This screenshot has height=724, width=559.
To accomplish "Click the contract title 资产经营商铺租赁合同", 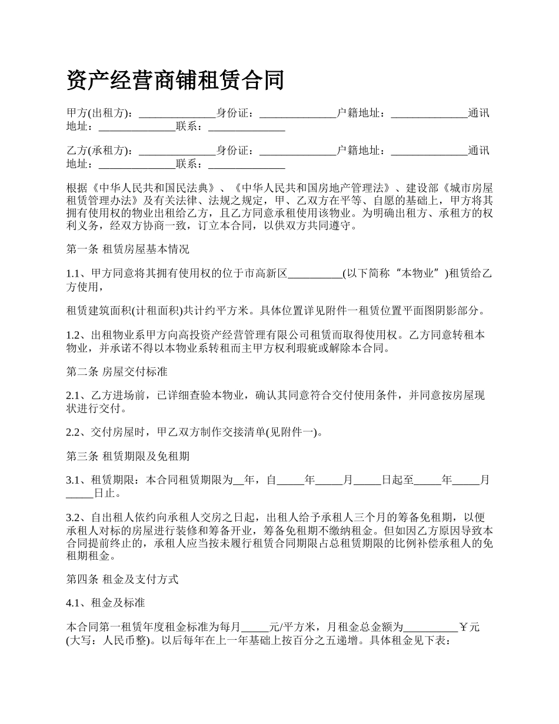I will point(175,80).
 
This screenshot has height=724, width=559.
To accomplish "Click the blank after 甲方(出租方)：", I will point(177,113).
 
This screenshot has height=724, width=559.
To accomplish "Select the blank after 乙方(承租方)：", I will point(177,151).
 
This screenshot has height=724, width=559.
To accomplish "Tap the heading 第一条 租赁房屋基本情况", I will point(128,249).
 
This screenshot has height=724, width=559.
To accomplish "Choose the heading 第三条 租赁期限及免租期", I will point(128,456).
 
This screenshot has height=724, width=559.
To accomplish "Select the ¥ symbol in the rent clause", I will point(463,627).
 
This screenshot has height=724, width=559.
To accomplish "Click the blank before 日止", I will point(79,493).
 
